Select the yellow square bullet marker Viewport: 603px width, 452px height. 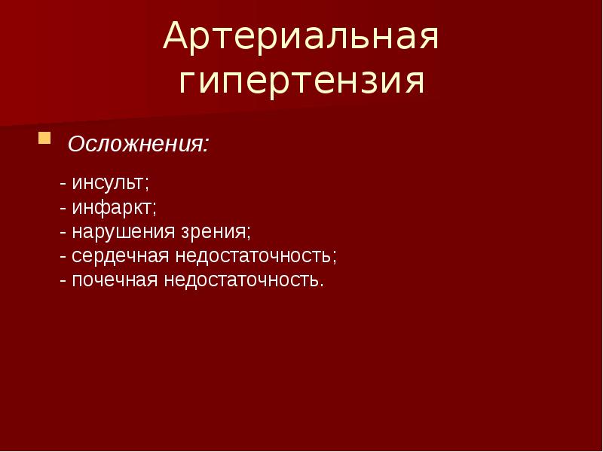(45, 139)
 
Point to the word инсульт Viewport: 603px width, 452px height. (112, 182)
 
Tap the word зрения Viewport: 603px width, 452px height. (215, 231)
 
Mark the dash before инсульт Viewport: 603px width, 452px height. (65, 183)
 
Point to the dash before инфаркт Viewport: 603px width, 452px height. (65, 207)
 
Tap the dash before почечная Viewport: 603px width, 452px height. (65, 280)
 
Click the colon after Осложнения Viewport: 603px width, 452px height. (207, 145)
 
